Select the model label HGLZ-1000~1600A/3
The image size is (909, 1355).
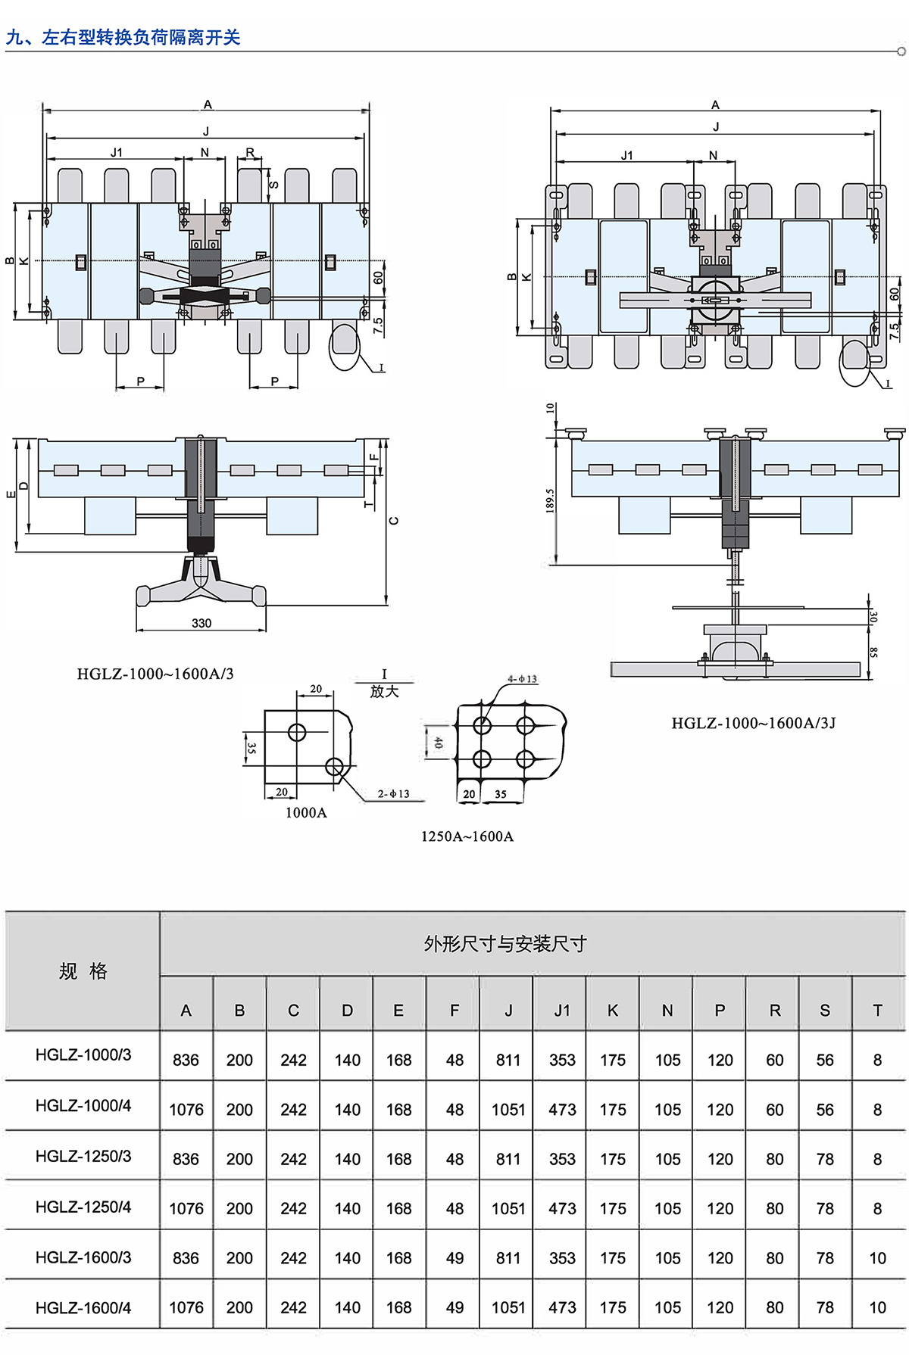pos(155,674)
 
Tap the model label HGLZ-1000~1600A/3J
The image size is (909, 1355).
pos(753,723)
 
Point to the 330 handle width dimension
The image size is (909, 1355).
pos(201,623)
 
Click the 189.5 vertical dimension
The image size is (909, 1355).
pos(551,500)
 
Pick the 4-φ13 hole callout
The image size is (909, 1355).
pos(522,679)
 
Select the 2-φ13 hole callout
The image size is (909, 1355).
pos(393,793)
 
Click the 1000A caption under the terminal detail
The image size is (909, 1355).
pos(306,812)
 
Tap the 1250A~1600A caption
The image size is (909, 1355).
pos(467,836)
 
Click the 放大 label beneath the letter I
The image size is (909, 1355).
pos(384,691)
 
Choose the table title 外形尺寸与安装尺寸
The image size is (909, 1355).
pos(505,943)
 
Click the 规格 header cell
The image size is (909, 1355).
pos(83,971)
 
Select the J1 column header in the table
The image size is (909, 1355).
pos(561,1011)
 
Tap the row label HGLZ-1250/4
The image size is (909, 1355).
pos(83,1207)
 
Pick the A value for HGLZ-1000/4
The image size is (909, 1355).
pos(186,1110)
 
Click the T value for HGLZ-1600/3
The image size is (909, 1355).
pos(877,1258)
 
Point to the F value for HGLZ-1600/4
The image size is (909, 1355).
pos(454,1307)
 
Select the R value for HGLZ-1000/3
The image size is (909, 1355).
pos(774,1061)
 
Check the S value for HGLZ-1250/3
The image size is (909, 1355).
pos(825,1159)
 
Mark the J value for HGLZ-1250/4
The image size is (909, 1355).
pos(508,1209)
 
